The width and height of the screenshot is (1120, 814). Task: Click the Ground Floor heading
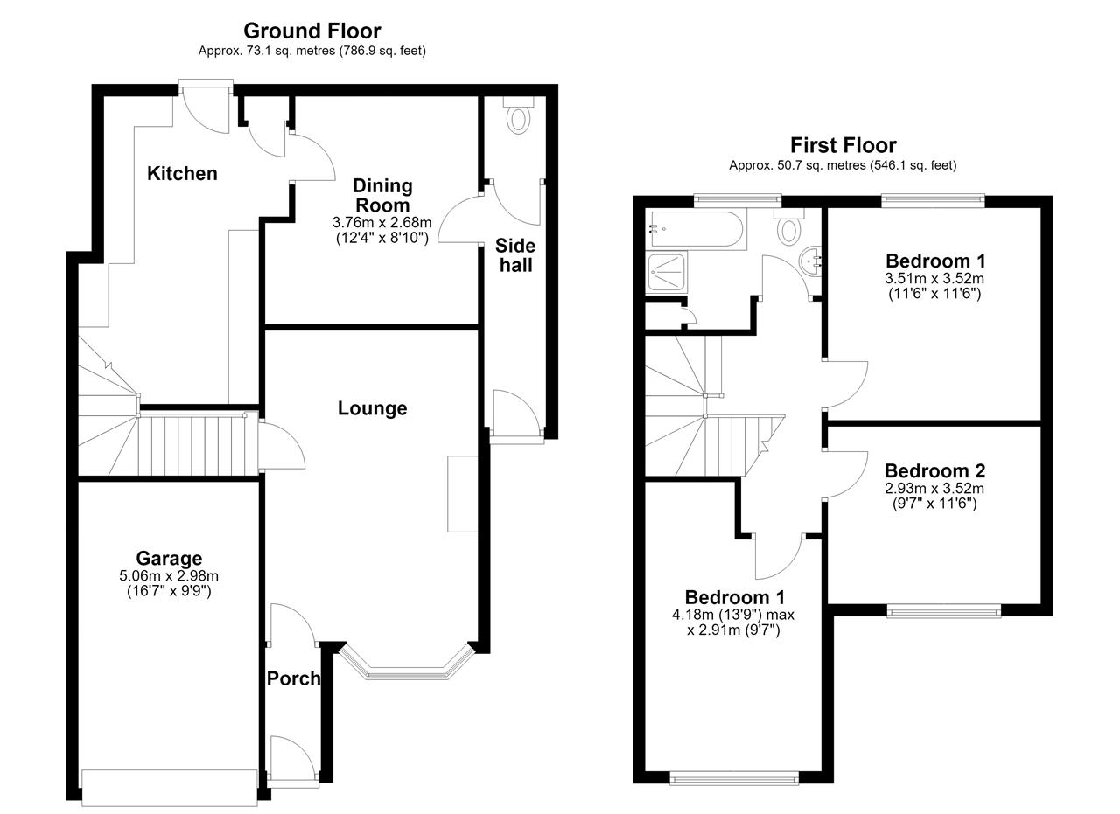(312, 31)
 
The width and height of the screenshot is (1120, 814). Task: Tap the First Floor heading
(843, 145)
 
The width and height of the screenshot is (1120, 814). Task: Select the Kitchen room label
(182, 173)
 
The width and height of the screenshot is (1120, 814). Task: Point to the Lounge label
(372, 408)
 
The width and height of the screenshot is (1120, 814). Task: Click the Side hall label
(515, 255)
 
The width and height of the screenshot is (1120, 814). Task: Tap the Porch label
(293, 678)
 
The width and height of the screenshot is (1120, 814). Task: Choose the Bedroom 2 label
(934, 470)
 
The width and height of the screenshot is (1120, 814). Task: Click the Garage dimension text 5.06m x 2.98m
(169, 575)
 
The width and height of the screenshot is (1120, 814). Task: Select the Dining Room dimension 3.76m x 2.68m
(382, 222)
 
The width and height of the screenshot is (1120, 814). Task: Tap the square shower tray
(667, 273)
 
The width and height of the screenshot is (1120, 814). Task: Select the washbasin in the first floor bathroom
(811, 261)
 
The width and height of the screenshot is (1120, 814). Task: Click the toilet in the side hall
(519, 115)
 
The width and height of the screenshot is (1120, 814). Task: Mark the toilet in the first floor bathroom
(788, 227)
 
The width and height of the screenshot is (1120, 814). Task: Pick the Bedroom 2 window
(944, 610)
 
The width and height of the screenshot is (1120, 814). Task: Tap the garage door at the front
(170, 787)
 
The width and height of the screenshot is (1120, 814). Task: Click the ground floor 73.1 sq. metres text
(312, 51)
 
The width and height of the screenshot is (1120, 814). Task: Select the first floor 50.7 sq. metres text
(843, 165)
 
